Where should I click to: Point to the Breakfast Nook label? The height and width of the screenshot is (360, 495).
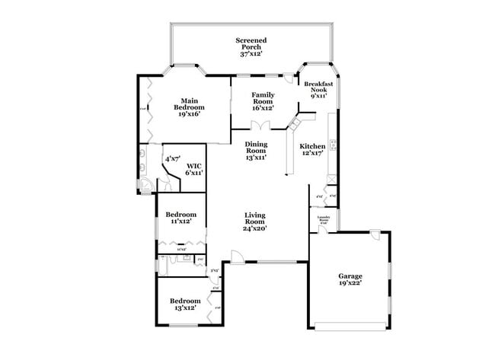tap(316, 86)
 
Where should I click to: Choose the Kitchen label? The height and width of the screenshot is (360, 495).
tap(312, 146)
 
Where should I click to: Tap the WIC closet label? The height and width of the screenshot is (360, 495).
tap(194, 165)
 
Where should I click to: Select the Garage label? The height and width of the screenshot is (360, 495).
tap(350, 276)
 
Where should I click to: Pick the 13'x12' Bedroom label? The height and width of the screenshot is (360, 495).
tap(184, 301)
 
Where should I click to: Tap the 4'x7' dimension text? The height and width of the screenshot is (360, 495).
tap(172, 159)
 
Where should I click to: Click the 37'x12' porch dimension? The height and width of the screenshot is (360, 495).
tap(251, 54)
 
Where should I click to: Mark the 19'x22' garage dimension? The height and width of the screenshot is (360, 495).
tap(350, 282)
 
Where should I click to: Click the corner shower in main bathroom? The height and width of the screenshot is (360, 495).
tap(145, 184)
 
